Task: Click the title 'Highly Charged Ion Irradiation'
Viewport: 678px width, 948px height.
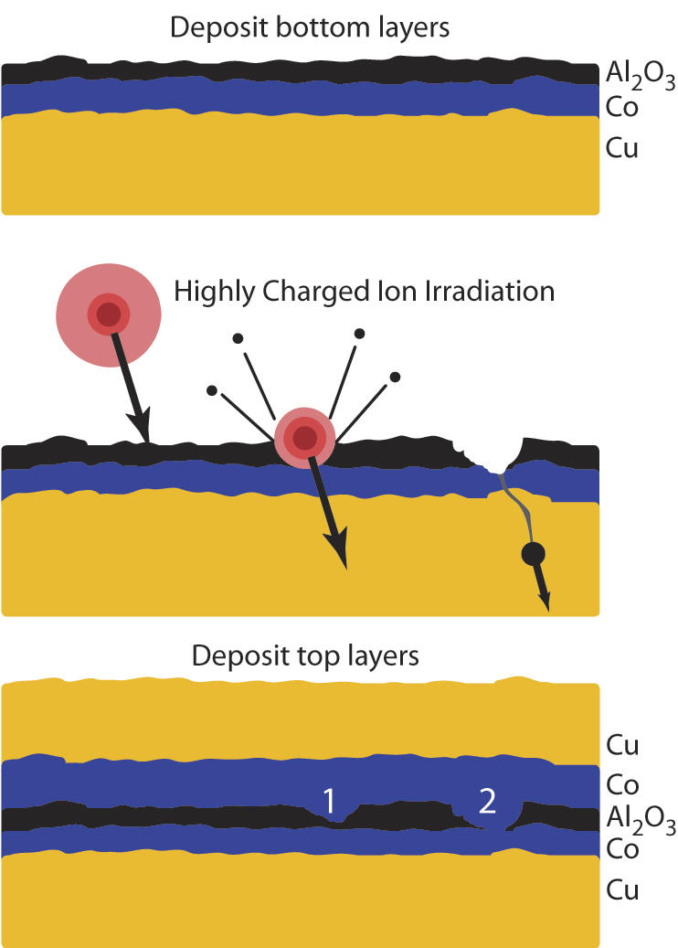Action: click(x=365, y=292)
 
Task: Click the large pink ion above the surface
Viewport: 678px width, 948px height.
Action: click(x=109, y=315)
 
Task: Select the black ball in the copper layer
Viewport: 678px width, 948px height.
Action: click(x=533, y=553)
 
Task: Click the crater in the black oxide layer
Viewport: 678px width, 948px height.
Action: click(x=489, y=451)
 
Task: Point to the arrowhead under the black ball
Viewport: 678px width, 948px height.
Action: click(x=546, y=599)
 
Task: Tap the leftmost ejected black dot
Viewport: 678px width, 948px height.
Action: click(x=212, y=390)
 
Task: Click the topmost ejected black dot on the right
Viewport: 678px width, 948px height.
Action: click(x=360, y=334)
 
